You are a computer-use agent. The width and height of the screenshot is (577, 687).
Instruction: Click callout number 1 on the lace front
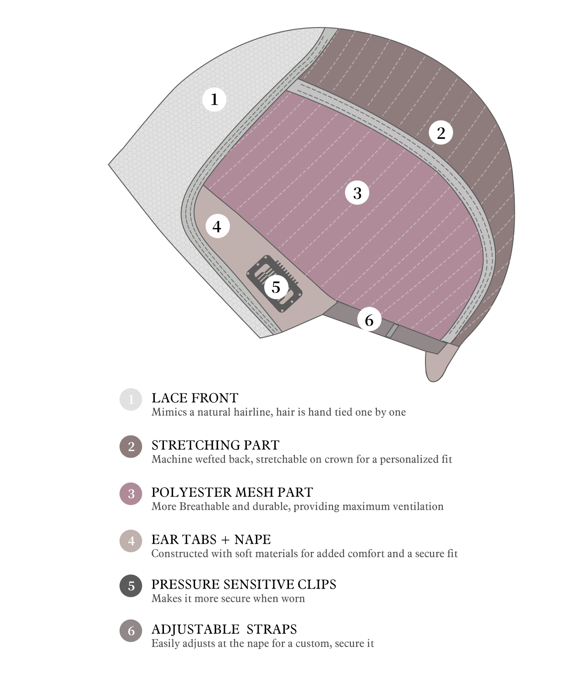tap(214, 99)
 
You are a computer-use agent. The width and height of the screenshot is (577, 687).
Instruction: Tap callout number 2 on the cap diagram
tap(441, 133)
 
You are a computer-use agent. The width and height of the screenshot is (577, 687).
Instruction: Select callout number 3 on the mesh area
tap(357, 193)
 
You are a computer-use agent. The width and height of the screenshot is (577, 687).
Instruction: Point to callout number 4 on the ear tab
tap(218, 226)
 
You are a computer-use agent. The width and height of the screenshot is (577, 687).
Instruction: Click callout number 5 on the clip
tap(276, 287)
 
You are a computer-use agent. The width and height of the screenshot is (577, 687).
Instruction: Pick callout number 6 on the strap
tap(369, 320)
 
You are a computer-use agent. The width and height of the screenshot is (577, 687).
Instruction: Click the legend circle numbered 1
tap(131, 399)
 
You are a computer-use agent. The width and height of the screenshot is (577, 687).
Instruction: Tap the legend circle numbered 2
tap(131, 447)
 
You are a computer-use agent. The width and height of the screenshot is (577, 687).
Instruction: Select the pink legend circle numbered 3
tap(131, 494)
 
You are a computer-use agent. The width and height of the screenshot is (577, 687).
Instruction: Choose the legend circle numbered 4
tap(131, 541)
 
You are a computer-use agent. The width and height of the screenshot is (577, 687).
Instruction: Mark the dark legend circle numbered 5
tap(131, 586)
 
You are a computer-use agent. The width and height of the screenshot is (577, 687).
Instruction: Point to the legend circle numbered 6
tap(131, 631)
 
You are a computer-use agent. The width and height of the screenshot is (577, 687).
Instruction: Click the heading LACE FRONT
tap(195, 398)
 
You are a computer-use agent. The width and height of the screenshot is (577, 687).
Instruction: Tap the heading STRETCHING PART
tap(216, 445)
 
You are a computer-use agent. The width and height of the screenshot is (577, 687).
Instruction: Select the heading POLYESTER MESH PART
tap(232, 492)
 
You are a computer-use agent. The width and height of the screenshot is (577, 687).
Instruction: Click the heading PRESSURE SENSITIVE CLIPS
tap(244, 584)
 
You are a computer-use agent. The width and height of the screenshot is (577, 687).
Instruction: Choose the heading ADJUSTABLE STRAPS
tap(224, 629)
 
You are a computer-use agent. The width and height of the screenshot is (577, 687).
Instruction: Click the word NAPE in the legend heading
tap(253, 540)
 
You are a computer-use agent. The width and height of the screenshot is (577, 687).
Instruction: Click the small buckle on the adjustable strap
tap(392, 330)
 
